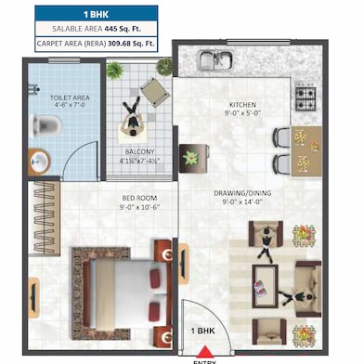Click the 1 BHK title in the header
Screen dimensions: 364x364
pyautogui.click(x=97, y=14)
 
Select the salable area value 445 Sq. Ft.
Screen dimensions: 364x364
pyautogui.click(x=130, y=29)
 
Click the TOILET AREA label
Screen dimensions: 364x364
pyautogui.click(x=45, y=96)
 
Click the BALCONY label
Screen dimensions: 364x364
pyautogui.click(x=139, y=151)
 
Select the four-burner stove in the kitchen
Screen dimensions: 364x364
pyautogui.click(x=305, y=96)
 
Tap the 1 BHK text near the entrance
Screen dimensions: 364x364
pyautogui.click(x=205, y=331)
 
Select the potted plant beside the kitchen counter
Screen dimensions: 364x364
pyautogui.click(x=189, y=156)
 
